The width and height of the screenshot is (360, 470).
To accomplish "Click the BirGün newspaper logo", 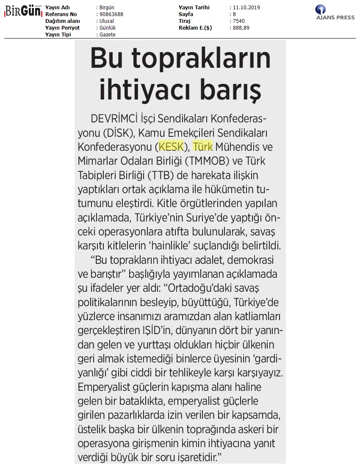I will click(23, 12).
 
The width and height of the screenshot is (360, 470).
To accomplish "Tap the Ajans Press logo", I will click(335, 13).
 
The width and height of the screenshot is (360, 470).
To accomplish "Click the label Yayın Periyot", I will click(62, 28).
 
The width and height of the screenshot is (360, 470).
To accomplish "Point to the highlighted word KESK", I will click(172, 147).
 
